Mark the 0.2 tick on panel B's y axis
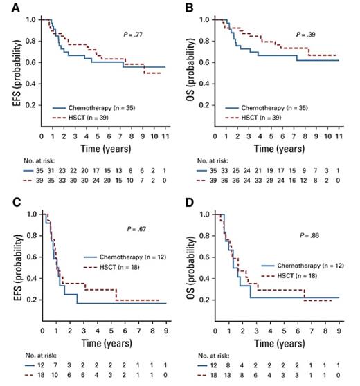click(208, 106)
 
